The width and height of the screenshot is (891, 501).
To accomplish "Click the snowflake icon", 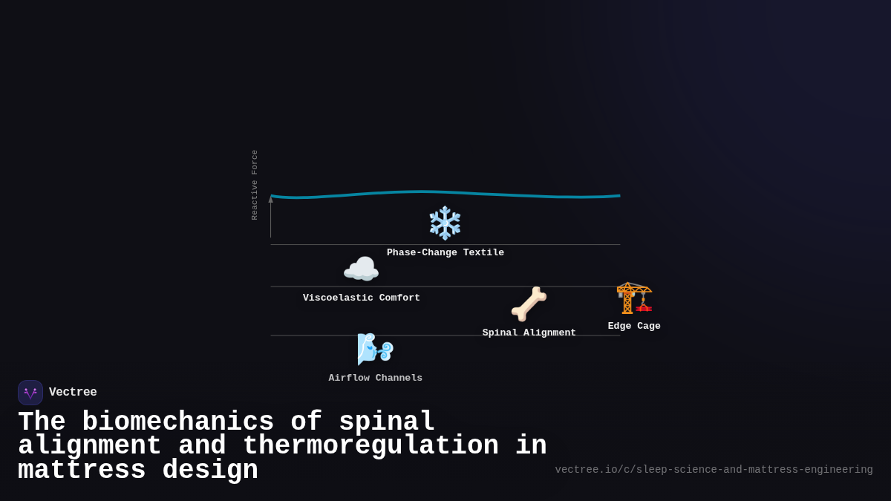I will (445, 223).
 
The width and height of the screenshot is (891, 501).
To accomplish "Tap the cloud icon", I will (361, 269).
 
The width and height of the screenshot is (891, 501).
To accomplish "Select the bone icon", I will (529, 304).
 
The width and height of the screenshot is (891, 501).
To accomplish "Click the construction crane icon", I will (634, 298).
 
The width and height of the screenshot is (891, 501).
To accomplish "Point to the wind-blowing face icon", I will (375, 348).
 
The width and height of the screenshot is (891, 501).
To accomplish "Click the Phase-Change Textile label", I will (446, 252).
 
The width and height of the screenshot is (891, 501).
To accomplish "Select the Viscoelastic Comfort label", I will (362, 298).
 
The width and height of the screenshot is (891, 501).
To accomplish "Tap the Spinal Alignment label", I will (529, 333).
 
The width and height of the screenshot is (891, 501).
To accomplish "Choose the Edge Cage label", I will (634, 326).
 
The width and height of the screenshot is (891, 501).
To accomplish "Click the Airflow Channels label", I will (376, 378).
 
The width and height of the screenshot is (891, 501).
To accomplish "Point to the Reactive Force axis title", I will (255, 185).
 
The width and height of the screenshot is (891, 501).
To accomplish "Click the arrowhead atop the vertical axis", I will (270, 199).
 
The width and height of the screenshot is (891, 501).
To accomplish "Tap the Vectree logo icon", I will (30, 393).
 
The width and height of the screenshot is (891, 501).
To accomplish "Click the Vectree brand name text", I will (73, 392).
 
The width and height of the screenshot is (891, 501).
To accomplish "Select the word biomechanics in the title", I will (177, 422).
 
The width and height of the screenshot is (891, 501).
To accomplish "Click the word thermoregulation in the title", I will (371, 446).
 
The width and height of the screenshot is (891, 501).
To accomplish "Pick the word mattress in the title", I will (82, 471).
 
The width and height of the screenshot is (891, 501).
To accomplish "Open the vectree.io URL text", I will (714, 470).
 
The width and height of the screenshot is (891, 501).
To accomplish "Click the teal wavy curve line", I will (446, 193).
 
